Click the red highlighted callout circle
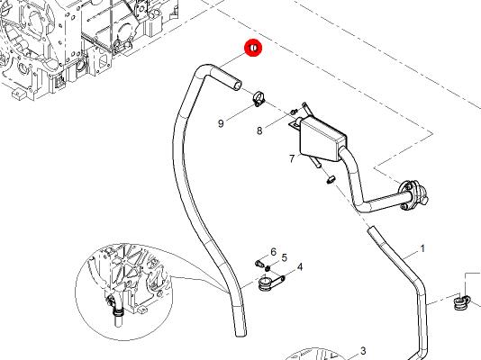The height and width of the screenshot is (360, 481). pyautogui.click(x=253, y=48)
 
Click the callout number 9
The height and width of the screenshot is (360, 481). pyautogui.click(x=221, y=123)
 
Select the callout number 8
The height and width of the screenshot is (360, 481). pyautogui.click(x=259, y=130)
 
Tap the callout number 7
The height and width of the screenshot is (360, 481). pyautogui.click(x=292, y=158)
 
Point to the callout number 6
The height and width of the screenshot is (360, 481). pyautogui.click(x=273, y=252)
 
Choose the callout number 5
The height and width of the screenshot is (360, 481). pyautogui.click(x=285, y=258)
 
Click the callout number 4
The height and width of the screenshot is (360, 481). pyautogui.click(x=300, y=267)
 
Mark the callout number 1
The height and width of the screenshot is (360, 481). pyautogui.click(x=422, y=248)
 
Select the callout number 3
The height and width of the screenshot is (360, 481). pyautogui.click(x=363, y=350)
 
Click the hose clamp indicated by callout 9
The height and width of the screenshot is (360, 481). pyautogui.click(x=259, y=99)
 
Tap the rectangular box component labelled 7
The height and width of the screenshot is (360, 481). pyautogui.click(x=322, y=139)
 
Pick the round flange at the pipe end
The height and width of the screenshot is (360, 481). pyautogui.click(x=411, y=196)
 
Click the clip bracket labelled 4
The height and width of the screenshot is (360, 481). pyautogui.click(x=268, y=283)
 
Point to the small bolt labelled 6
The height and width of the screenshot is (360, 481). pyautogui.click(x=259, y=263)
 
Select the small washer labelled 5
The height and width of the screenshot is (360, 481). pyautogui.click(x=268, y=268)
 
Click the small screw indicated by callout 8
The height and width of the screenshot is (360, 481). pyautogui.click(x=295, y=112)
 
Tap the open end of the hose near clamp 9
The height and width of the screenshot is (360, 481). pyautogui.click(x=238, y=85)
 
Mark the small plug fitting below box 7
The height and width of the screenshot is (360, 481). pyautogui.click(x=331, y=179)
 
